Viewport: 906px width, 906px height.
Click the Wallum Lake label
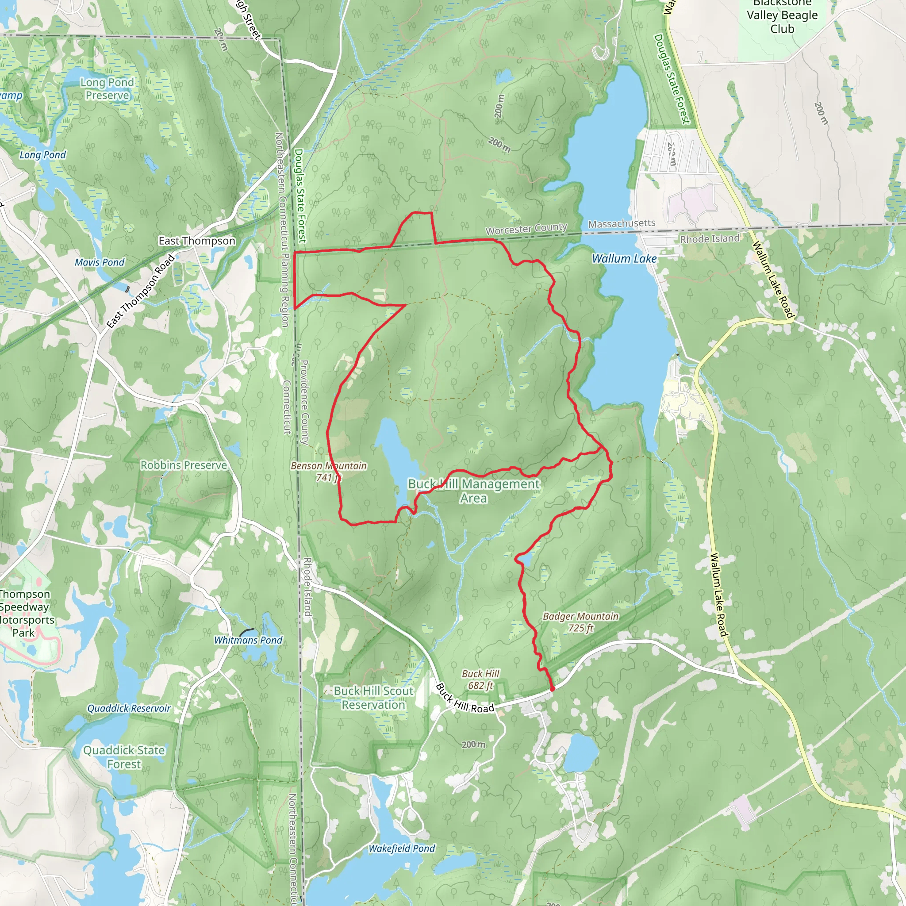pos(624,258)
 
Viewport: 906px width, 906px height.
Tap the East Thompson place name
pos(197,241)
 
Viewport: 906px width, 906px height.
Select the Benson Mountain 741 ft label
pos(328,471)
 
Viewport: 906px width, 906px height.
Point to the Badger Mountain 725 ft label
pos(580,622)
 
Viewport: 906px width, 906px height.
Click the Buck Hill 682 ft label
pos(481,679)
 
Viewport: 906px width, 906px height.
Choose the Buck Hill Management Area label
pos(474,491)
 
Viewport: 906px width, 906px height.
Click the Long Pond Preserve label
pos(107,88)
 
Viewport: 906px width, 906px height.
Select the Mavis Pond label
pos(100,262)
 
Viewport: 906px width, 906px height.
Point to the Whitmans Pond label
pos(248,640)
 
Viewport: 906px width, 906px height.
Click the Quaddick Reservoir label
pos(129,708)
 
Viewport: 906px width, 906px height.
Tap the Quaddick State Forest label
pos(124,757)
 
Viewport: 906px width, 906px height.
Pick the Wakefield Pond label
pos(401,848)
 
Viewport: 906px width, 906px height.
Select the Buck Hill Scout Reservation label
pos(374,698)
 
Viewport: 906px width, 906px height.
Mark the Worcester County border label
pos(526,229)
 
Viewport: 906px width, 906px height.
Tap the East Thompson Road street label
pos(141,291)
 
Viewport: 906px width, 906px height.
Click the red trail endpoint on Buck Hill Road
pos(553,689)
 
